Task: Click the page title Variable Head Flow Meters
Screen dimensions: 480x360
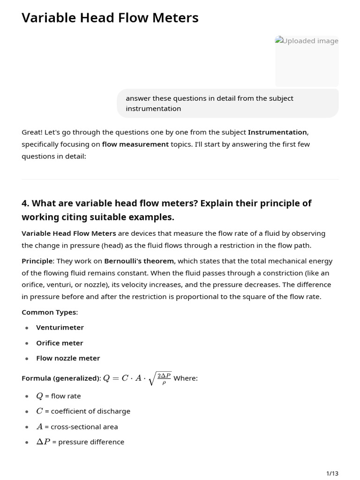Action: [x=110, y=18]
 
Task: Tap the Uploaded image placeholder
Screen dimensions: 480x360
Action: [x=307, y=61]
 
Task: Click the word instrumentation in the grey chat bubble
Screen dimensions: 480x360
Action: [x=153, y=109]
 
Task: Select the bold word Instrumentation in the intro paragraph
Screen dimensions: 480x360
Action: [x=277, y=132]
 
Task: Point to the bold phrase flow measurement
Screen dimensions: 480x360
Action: [x=135, y=144]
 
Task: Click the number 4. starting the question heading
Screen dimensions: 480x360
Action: [x=26, y=203]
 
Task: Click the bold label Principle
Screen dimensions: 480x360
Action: [x=37, y=261]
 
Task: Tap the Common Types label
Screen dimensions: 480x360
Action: [x=50, y=312]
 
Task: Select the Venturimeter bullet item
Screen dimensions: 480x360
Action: [x=60, y=328]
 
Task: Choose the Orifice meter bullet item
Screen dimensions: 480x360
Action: [x=60, y=343]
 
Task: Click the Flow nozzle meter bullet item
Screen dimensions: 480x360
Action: [x=68, y=358]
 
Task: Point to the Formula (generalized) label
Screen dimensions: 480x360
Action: [x=61, y=378]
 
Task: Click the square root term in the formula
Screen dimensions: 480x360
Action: [x=160, y=378]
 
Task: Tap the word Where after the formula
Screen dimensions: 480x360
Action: [x=186, y=378]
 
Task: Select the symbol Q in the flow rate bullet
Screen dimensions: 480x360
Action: [x=39, y=396]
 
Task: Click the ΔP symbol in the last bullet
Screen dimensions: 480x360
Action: [x=43, y=442]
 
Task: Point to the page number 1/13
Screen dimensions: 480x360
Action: [x=332, y=473]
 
